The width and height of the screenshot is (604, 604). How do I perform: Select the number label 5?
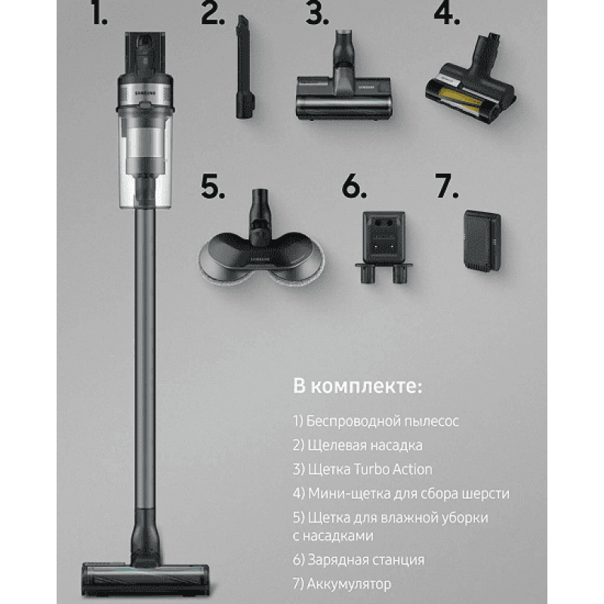coord(212,186)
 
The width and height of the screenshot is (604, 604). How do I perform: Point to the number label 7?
coord(446,186)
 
